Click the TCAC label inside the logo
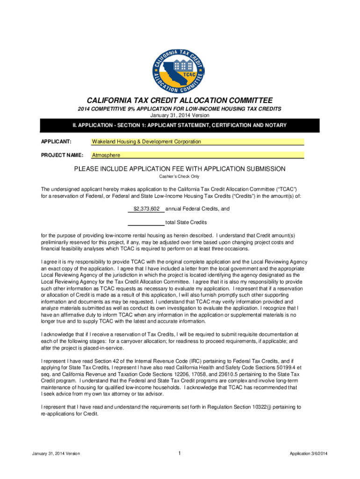point(189,74)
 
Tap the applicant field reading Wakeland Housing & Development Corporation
point(197,141)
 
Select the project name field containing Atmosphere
point(197,155)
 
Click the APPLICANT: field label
point(56,141)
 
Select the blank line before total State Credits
point(146,222)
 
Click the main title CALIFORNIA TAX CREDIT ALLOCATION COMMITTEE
point(180,100)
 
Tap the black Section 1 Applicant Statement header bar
point(180,125)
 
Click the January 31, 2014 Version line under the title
point(180,115)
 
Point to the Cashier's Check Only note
point(180,176)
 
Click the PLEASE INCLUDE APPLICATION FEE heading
point(180,168)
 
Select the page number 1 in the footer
point(180,453)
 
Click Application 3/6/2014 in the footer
point(309,453)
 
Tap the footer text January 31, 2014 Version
point(56,453)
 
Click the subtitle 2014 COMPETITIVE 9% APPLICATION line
point(180,109)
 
